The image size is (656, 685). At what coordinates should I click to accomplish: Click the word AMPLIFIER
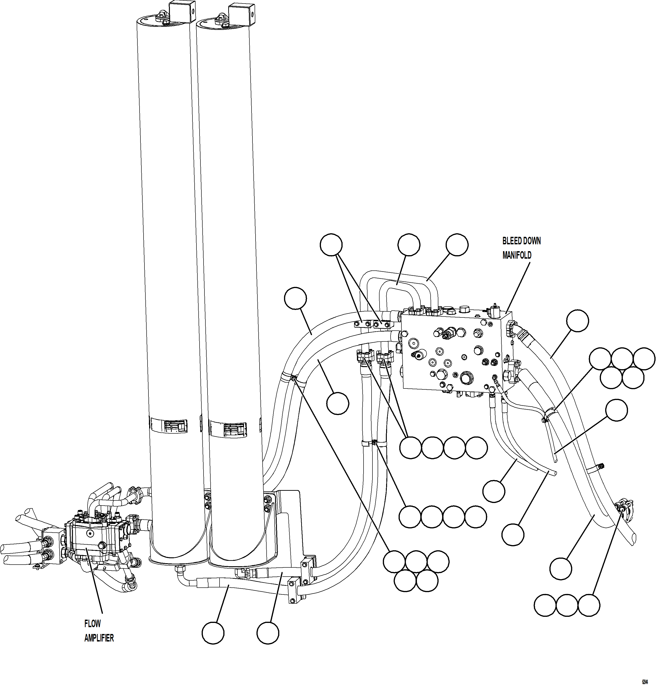99,638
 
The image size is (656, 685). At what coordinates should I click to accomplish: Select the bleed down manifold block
455,353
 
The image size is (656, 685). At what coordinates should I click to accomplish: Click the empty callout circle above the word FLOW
213,633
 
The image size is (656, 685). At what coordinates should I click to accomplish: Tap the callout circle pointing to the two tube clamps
331,244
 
